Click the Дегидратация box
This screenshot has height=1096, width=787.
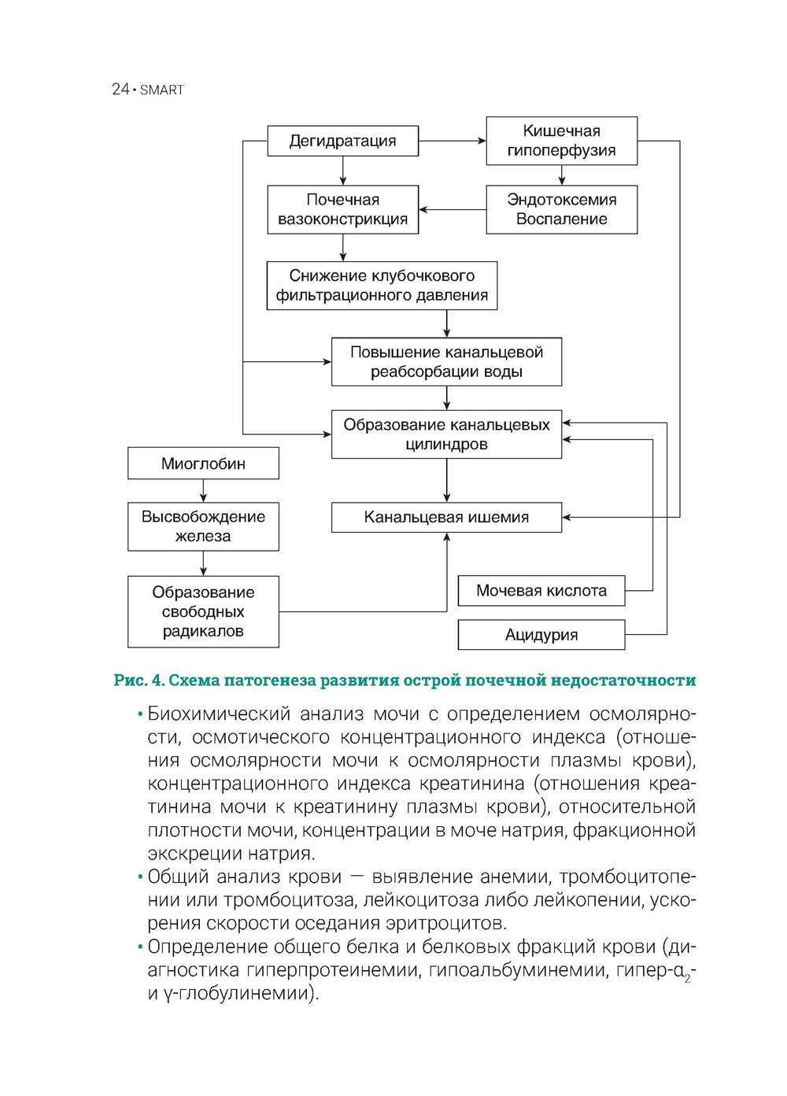[342, 142]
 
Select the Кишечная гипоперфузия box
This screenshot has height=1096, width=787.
[561, 142]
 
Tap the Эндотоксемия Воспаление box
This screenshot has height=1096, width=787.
[561, 210]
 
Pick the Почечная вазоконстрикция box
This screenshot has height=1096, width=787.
[342, 210]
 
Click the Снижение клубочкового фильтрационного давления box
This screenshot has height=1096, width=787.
[382, 286]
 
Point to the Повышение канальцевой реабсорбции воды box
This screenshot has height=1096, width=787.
[446, 362]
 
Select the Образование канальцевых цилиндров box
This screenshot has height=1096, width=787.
[446, 434]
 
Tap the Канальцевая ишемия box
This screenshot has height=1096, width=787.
[446, 518]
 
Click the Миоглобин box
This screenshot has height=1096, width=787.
[203, 464]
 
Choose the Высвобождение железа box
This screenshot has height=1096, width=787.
[203, 526]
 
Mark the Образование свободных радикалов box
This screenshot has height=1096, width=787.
[203, 612]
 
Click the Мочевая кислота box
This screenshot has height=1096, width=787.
[541, 591]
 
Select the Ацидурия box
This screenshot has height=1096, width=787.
[541, 635]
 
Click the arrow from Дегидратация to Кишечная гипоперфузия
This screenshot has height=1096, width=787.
[453, 142]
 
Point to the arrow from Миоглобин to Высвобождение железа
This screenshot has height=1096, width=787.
[203, 491]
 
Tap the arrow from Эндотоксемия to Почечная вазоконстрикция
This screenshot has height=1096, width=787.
[453, 210]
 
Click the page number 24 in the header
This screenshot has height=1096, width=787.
[120, 90]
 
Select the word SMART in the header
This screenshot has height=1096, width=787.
[162, 90]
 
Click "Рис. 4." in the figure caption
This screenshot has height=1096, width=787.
[139, 681]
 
